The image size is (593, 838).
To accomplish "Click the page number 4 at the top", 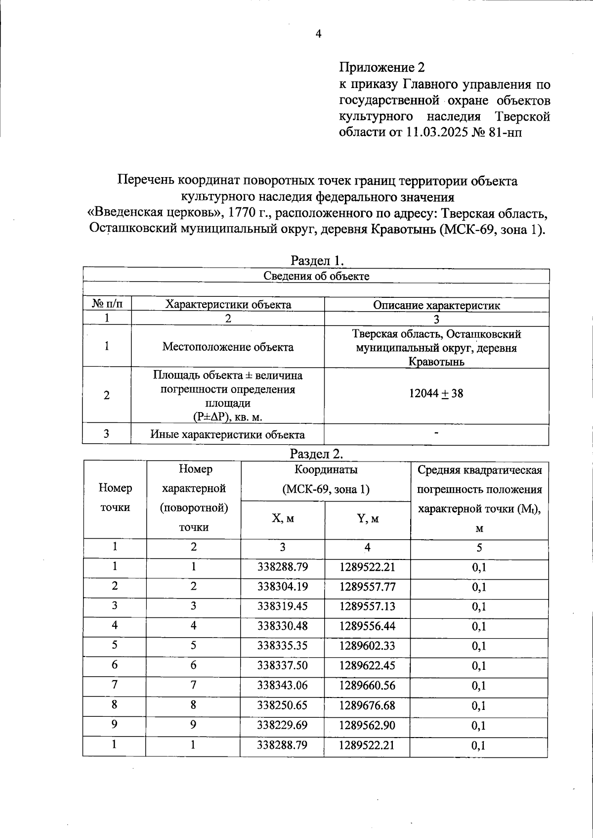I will [318, 34].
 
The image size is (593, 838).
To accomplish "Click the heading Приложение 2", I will [381, 67].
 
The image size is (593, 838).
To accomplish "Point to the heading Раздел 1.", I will [316, 260].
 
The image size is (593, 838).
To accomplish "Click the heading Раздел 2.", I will [316, 453].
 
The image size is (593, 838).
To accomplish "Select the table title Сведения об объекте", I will [316, 276].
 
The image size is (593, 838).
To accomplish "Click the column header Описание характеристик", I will [436, 305].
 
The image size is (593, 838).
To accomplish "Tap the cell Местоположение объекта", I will [228, 347].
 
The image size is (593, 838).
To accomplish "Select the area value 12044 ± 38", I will [436, 394].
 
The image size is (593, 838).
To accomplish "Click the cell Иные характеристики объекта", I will [227, 435].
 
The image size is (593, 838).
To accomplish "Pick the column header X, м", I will [283, 518].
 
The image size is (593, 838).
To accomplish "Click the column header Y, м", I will [368, 518].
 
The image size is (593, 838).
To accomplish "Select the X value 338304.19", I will [283, 587].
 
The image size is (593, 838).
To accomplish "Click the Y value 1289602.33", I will [367, 646].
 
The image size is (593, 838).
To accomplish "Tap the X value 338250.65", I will [282, 705].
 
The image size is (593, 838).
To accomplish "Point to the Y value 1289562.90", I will [367, 725].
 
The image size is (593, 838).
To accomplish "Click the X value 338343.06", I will [282, 686].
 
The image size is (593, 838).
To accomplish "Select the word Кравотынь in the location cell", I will [436, 362].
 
